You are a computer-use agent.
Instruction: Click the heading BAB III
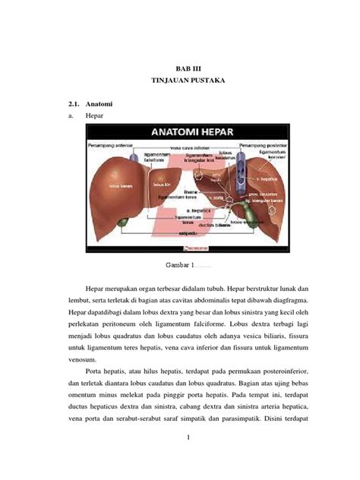click(x=179, y=68)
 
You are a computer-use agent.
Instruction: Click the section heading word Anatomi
click(x=99, y=103)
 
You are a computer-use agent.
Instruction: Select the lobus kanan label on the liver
click(x=118, y=185)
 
